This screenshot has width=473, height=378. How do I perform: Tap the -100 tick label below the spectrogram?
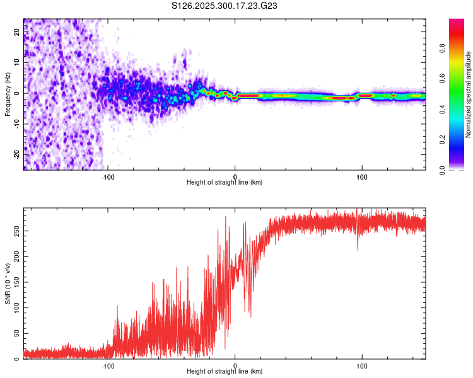point(108,177)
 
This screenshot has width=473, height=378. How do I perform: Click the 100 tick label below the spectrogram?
point(362,177)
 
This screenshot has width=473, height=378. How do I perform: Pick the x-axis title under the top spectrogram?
point(225,183)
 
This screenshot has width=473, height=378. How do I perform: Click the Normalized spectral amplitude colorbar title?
point(468,94)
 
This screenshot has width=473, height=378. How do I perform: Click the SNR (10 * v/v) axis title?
point(8,283)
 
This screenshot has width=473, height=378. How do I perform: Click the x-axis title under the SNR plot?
point(225,372)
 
